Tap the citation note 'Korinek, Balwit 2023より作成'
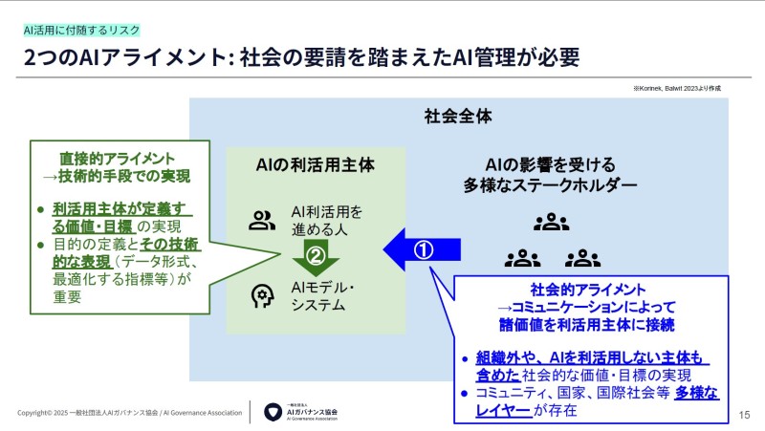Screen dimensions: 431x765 (676, 88)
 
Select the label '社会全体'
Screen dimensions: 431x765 (458, 118)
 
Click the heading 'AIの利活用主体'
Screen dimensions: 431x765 (317, 164)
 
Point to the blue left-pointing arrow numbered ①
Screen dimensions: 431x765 (422, 249)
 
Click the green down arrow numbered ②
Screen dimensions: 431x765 (316, 256)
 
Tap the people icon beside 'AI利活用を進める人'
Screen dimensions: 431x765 (261, 221)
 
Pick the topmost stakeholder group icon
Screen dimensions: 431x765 (552, 224)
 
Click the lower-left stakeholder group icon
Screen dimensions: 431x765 (522, 257)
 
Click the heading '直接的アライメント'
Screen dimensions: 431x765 (117, 158)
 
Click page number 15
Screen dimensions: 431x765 (746, 413)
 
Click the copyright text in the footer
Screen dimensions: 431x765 (128, 413)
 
